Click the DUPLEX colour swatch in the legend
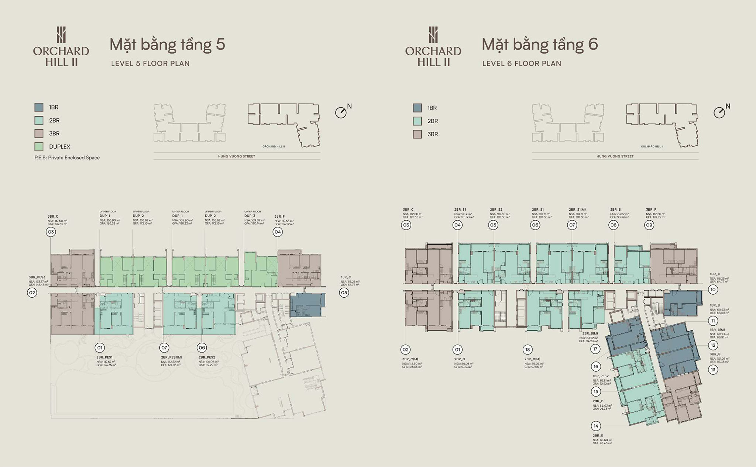pyautogui.click(x=39, y=146)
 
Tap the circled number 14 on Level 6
pyautogui.click(x=596, y=426)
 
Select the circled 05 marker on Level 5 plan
pyautogui.click(x=344, y=293)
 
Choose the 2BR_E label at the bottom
pyautogui.click(x=598, y=436)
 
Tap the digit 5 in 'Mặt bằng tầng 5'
pyautogui.click(x=220, y=45)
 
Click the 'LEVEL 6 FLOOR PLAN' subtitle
pyautogui.click(x=522, y=63)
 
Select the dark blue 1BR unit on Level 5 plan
pyautogui.click(x=307, y=305)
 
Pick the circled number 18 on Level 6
pyautogui.click(x=528, y=349)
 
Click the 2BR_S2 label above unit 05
pyautogui.click(x=496, y=210)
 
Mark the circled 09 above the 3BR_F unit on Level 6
pyautogui.click(x=649, y=225)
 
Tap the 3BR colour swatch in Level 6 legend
pyautogui.click(x=417, y=134)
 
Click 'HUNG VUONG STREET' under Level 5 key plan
pyautogui.click(x=237, y=156)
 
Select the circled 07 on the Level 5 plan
pyautogui.click(x=164, y=347)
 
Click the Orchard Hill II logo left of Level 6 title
pyautogui.click(x=433, y=46)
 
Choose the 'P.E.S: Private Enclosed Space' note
pyautogui.click(x=67, y=158)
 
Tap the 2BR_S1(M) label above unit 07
pyautogui.click(x=577, y=210)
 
